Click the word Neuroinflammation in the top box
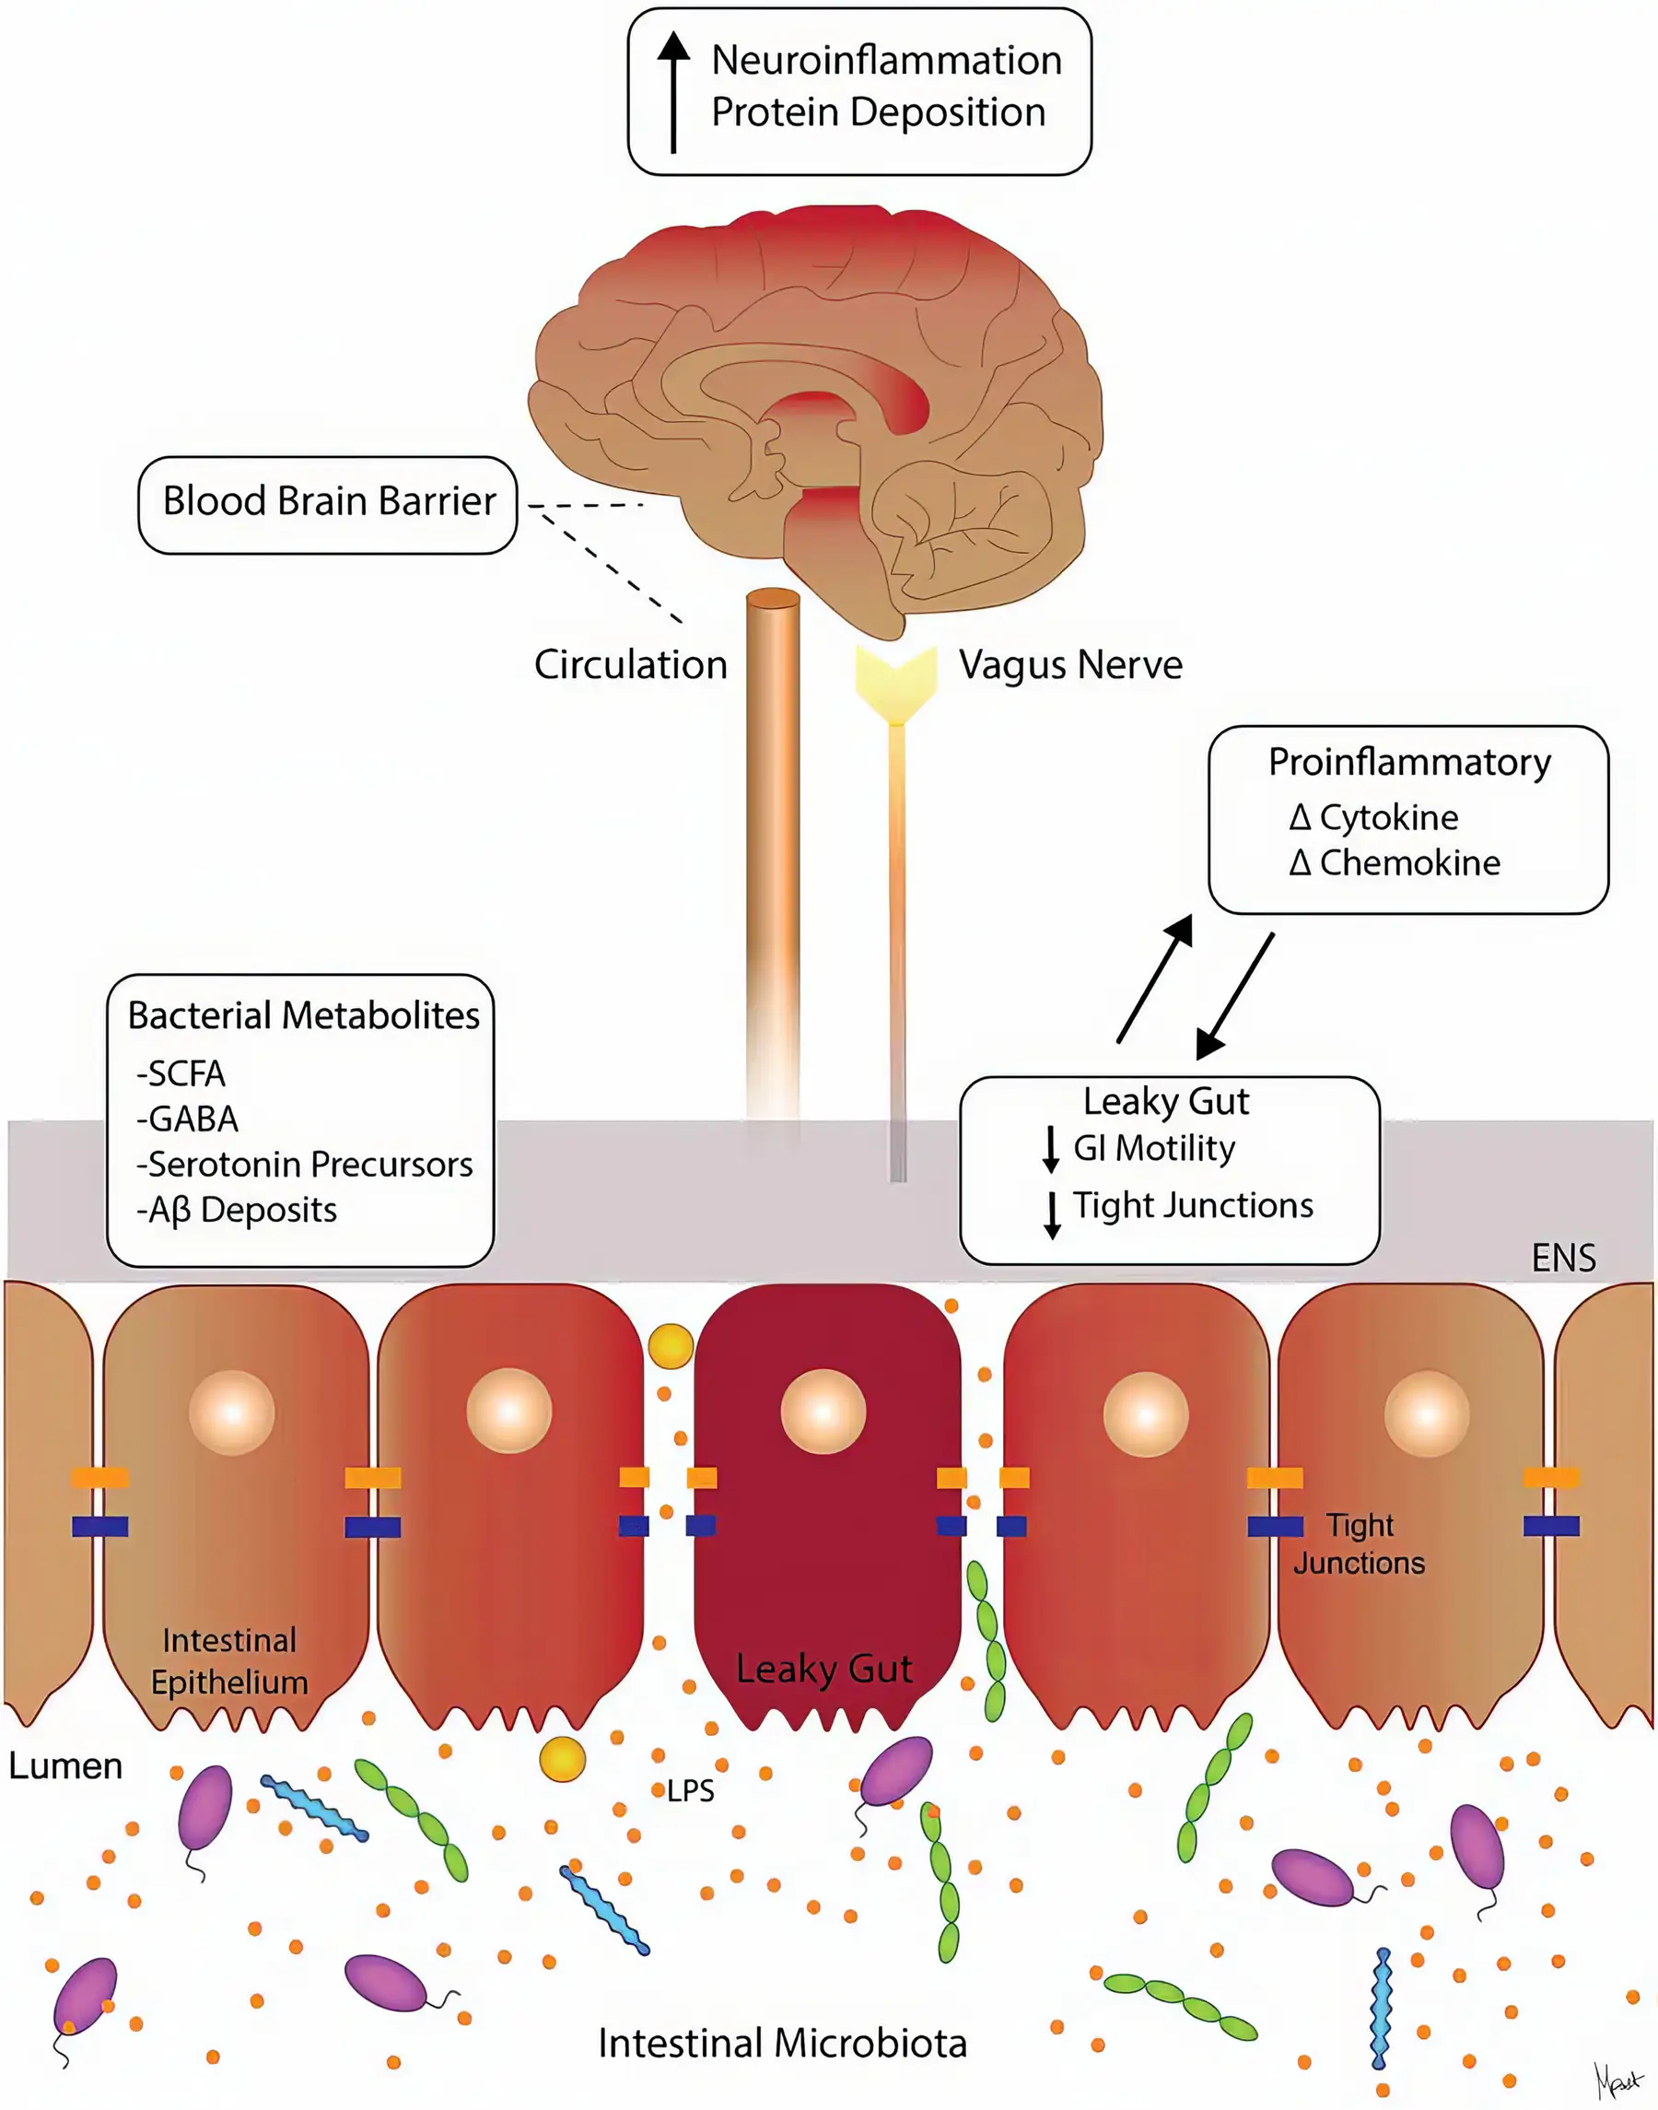click(886, 61)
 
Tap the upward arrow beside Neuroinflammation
click(672, 92)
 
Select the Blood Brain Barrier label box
click(328, 504)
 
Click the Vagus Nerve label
click(1069, 665)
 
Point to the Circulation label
click(630, 665)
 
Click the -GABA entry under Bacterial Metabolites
click(187, 1119)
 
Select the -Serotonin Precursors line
click(305, 1165)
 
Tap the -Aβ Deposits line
click(237, 1210)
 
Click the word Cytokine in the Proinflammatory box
click(1388, 817)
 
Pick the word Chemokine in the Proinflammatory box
click(1409, 862)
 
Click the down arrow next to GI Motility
click(1050, 1150)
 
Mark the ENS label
click(1563, 1259)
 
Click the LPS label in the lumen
click(690, 1790)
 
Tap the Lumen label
click(65, 1765)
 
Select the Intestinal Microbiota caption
click(782, 2044)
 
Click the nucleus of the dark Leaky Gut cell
click(823, 1411)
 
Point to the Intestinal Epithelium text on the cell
click(229, 1661)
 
